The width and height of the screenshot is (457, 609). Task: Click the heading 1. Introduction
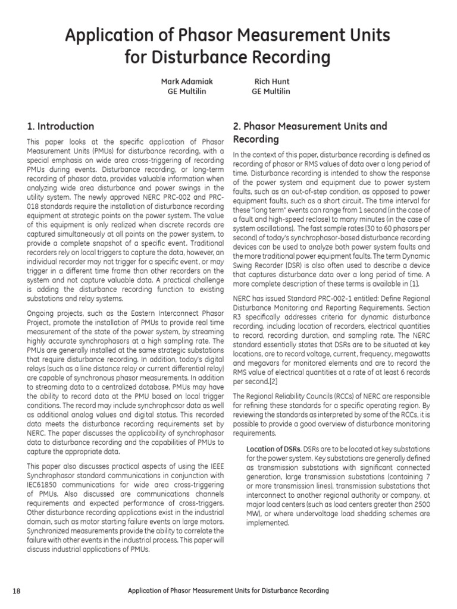60,126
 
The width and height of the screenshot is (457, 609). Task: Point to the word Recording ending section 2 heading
255,139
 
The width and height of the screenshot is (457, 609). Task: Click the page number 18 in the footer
16,591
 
